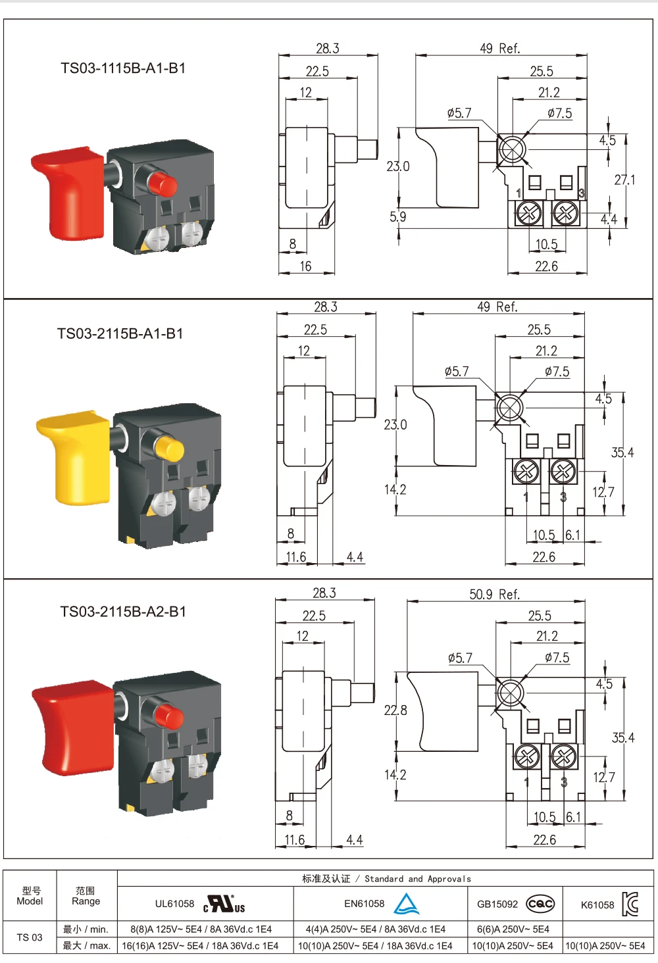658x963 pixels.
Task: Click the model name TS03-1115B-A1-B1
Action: pos(123,68)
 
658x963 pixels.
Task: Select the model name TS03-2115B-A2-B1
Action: pos(123,611)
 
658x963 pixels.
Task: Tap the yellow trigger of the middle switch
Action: pos(74,457)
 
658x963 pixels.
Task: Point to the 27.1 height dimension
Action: pos(624,180)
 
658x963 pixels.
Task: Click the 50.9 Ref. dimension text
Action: pos(495,594)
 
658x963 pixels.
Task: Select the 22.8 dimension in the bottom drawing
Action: pos(395,710)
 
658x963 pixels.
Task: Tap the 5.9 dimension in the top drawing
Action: pos(398,216)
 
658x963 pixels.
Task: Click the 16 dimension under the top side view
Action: pos(305,266)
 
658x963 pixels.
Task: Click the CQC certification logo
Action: pos(541,904)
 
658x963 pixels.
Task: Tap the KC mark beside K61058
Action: pos(630,903)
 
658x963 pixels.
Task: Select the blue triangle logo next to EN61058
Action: pos(407,903)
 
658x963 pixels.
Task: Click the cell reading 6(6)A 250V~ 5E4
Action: pos(513,929)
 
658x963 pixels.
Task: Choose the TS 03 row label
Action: pos(30,937)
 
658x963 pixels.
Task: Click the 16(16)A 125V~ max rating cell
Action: pos(201,946)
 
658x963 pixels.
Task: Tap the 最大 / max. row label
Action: pos(87,946)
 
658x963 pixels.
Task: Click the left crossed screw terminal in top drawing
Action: pos(528,213)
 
